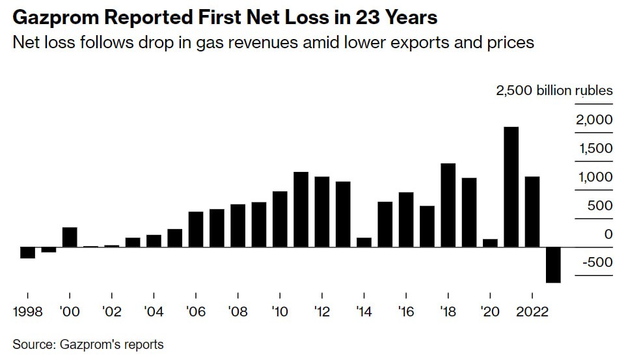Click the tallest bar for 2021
point(511,187)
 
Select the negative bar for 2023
point(553,265)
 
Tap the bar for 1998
point(27,253)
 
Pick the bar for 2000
point(70,238)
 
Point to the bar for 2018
point(448,205)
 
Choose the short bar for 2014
point(364,242)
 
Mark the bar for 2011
point(301,210)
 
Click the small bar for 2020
point(490,243)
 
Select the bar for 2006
point(196,229)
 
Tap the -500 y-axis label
point(597,262)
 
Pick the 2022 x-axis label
point(530,311)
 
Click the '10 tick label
point(280,311)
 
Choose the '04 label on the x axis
point(154,311)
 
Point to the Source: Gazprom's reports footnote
point(88,344)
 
